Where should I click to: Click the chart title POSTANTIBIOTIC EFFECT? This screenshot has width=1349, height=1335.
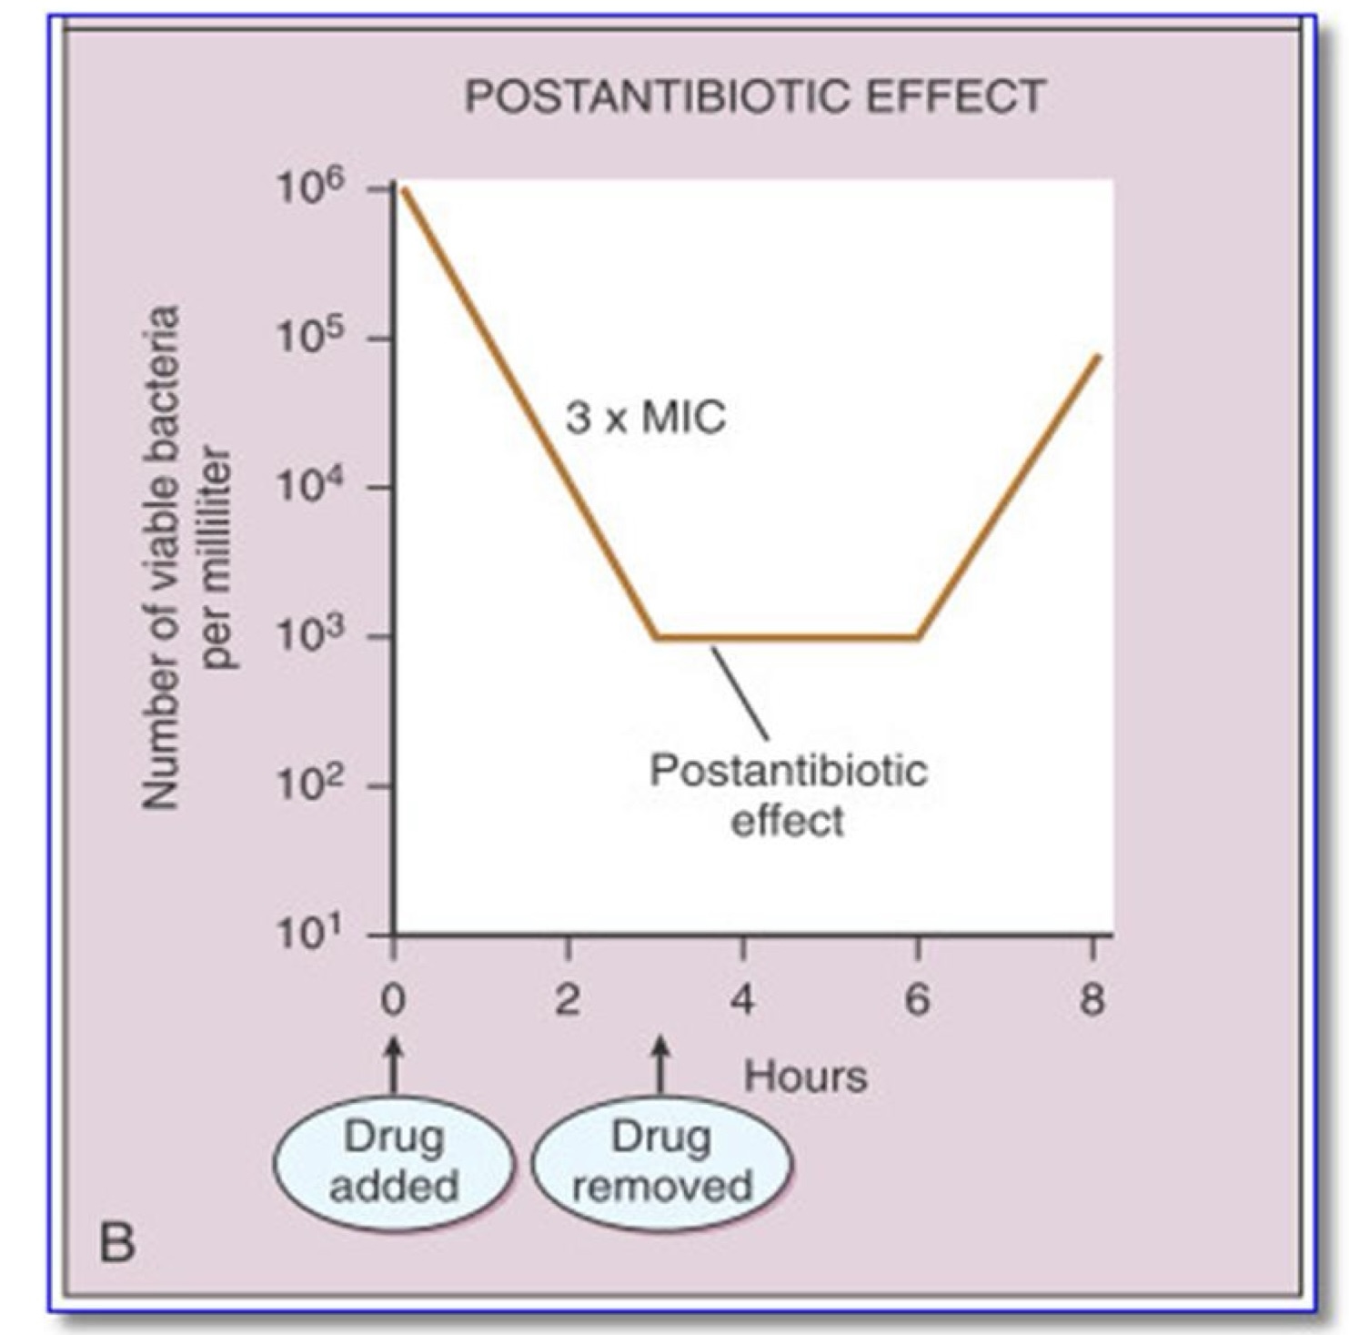point(754,97)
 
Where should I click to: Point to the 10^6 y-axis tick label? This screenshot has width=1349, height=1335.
point(309,188)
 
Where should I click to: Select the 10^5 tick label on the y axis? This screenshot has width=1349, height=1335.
point(309,339)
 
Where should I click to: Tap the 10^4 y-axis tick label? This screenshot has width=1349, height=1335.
point(309,488)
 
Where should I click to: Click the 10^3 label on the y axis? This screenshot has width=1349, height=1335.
point(309,637)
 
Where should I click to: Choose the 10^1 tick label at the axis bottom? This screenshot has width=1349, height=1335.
point(309,935)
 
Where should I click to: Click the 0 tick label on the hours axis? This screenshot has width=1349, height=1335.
point(393,1001)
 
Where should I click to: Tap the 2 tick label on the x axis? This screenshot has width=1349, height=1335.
point(568,1001)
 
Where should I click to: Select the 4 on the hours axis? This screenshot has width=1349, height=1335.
point(742,1001)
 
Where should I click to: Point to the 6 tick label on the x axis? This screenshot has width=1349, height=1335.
point(917,1001)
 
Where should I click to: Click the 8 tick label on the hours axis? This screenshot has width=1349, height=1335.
point(1092,1001)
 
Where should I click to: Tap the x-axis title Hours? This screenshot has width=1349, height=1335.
point(805,1077)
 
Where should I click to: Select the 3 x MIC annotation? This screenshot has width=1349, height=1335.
point(646,419)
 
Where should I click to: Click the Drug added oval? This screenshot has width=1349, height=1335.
point(394,1162)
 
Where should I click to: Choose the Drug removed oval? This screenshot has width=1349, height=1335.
point(661,1162)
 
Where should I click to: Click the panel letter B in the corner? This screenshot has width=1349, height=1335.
point(117,1243)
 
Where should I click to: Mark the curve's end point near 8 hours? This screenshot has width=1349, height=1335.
point(1099,356)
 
